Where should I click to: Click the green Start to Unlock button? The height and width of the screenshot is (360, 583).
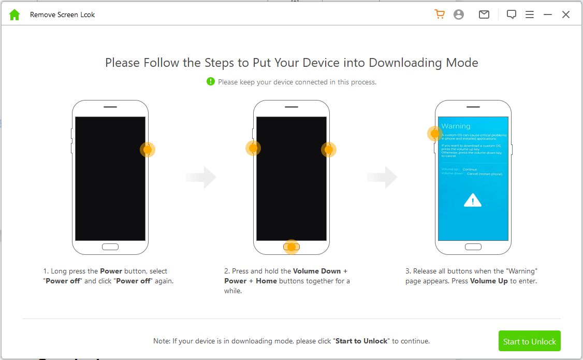click(529, 341)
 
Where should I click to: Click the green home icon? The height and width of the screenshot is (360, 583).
click(14, 15)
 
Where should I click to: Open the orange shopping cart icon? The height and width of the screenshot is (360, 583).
click(440, 15)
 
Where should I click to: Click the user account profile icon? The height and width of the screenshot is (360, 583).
click(459, 15)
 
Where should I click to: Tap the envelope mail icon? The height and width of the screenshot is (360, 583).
click(484, 15)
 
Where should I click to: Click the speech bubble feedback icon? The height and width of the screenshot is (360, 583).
click(512, 15)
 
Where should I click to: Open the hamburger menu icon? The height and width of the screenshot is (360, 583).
click(530, 15)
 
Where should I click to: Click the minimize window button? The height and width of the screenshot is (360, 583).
click(548, 15)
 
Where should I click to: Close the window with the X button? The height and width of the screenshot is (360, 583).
click(566, 15)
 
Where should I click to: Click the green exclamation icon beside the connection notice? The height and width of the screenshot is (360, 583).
click(211, 82)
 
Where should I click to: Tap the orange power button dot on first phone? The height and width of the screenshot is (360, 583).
click(148, 150)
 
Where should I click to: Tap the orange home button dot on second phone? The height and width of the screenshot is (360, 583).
click(291, 247)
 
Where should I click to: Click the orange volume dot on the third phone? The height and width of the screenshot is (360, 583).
click(434, 134)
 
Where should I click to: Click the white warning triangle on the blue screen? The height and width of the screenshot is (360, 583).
click(473, 200)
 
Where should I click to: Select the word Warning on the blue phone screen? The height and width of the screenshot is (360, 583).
click(456, 126)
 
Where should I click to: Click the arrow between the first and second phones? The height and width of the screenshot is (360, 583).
click(201, 178)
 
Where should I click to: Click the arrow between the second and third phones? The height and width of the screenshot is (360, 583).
click(383, 178)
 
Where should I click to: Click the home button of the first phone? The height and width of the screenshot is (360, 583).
click(110, 247)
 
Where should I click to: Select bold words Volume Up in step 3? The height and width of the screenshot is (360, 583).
click(489, 281)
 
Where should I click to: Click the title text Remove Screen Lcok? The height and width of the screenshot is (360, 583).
click(63, 15)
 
